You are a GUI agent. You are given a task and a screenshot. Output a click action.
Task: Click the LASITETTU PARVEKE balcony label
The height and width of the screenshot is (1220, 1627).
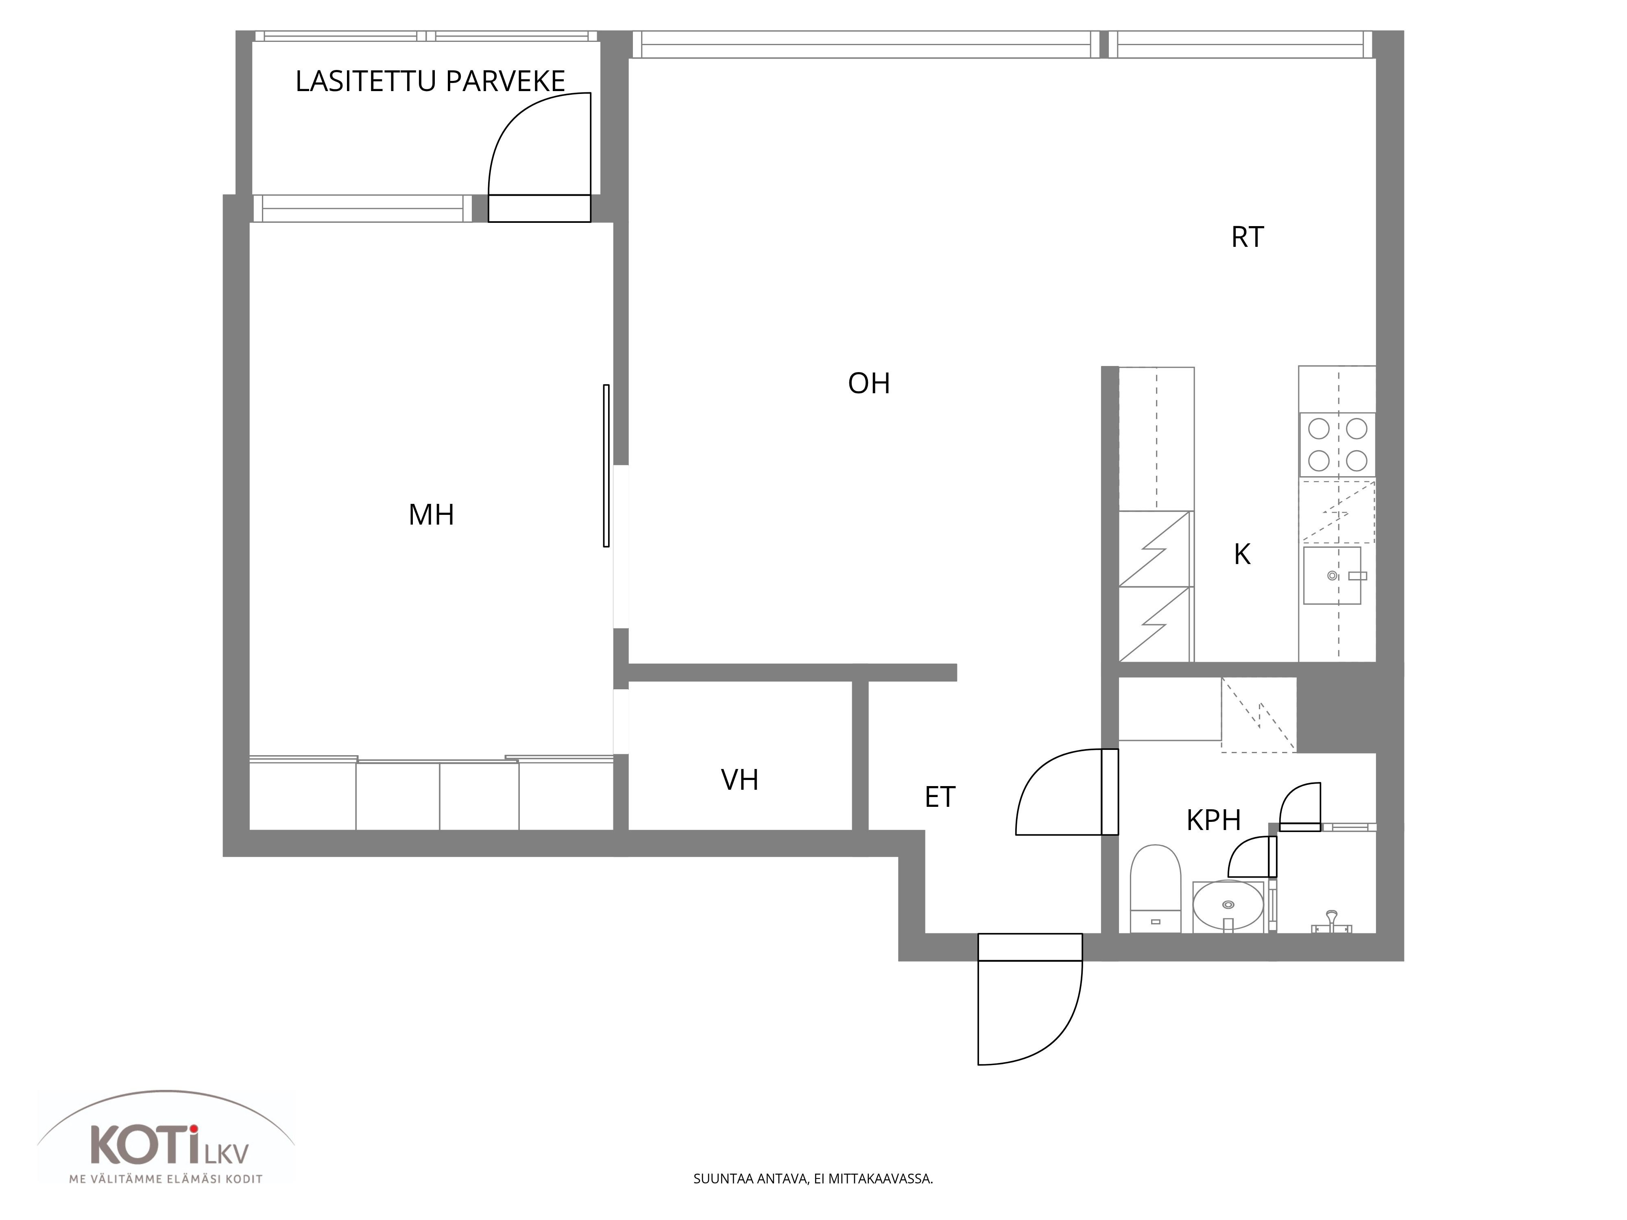(430, 81)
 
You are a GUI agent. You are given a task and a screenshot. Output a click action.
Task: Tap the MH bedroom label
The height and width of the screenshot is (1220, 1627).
(431, 515)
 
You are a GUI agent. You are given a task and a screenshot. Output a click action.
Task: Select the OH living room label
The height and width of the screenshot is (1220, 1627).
(869, 383)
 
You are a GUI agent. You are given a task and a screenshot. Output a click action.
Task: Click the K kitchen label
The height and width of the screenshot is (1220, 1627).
(1242, 554)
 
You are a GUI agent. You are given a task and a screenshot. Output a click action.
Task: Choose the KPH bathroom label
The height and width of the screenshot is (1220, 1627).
(1214, 820)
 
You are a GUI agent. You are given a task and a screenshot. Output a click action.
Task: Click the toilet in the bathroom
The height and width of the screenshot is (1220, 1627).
(1155, 888)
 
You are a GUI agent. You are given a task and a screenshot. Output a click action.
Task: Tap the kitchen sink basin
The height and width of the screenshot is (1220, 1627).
(1332, 575)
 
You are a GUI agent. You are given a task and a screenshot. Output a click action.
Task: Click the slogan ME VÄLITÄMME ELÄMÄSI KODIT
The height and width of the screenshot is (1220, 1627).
(166, 1179)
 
